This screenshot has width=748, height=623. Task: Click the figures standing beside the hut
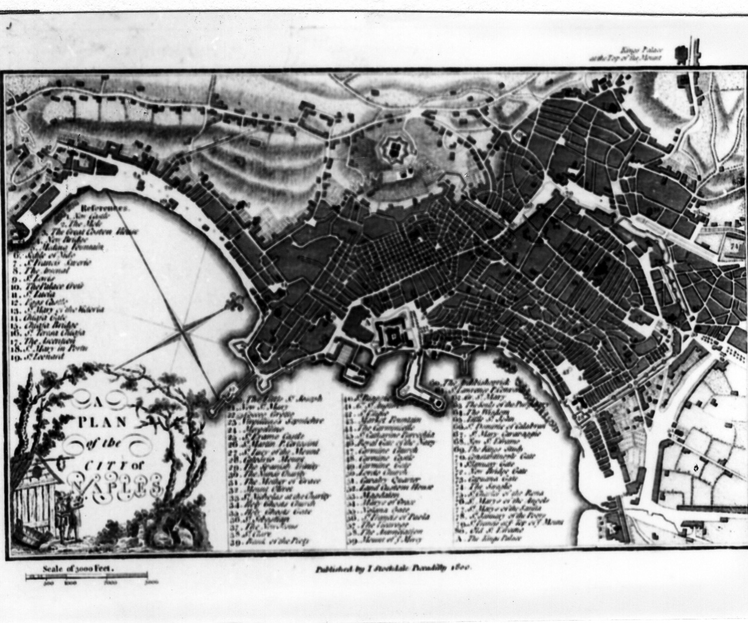[69, 511]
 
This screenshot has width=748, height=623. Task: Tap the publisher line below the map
[394, 568]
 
